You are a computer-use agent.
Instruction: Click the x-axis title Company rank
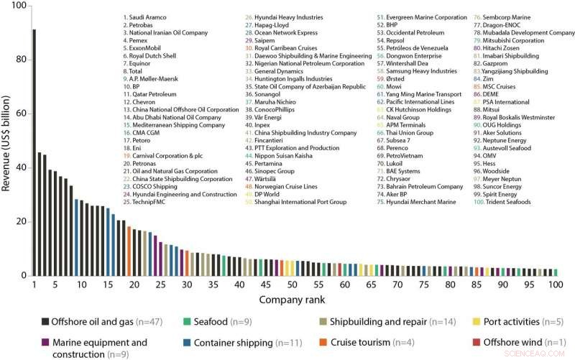295,297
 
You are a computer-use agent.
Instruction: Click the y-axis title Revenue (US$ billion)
7,140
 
